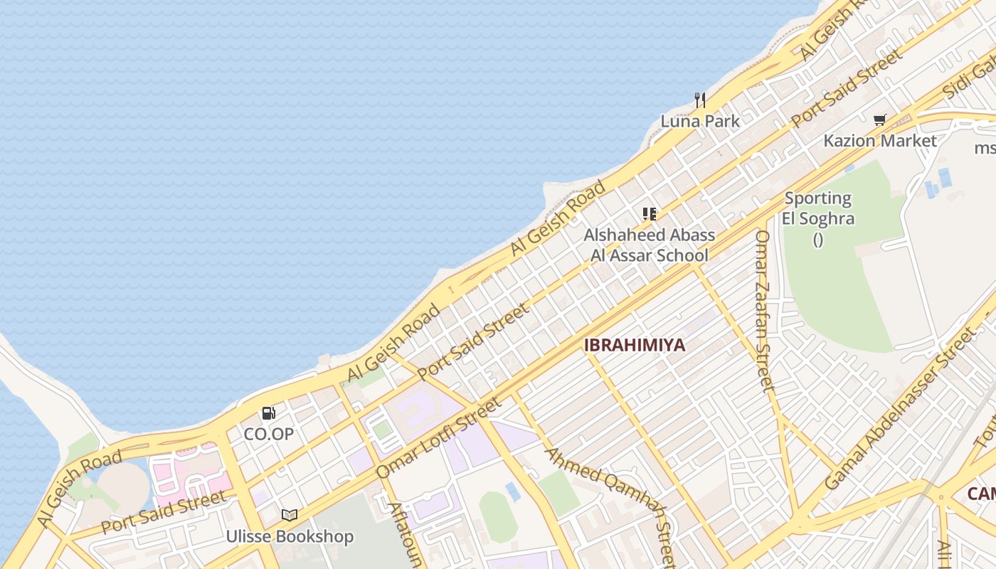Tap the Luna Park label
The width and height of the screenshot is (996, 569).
tap(700, 121)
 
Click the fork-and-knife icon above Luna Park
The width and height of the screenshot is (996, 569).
tap(700, 100)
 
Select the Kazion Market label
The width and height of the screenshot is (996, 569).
tap(880, 141)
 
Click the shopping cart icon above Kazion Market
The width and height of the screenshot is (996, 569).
tap(880, 120)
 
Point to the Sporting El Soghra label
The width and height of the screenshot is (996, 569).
tap(818, 208)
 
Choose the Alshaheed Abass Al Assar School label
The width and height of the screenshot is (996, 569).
tap(650, 245)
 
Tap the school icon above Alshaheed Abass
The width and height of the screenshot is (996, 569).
tap(649, 213)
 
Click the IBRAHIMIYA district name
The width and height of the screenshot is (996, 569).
tap(635, 345)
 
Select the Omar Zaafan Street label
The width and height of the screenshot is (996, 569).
tap(763, 311)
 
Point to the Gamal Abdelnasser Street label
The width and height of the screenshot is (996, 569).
tap(899, 409)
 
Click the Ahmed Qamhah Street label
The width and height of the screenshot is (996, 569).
tap(610, 507)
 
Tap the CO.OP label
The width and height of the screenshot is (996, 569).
tap(268, 433)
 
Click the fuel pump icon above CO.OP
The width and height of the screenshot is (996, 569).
tap(268, 413)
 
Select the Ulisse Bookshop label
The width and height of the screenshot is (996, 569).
tap(290, 536)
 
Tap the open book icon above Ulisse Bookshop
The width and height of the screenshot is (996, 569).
tap(290, 515)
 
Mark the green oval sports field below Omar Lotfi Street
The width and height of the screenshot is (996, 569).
tap(498, 516)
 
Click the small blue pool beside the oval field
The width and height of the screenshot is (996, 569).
tap(512, 491)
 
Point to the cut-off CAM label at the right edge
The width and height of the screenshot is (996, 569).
tap(981, 494)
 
